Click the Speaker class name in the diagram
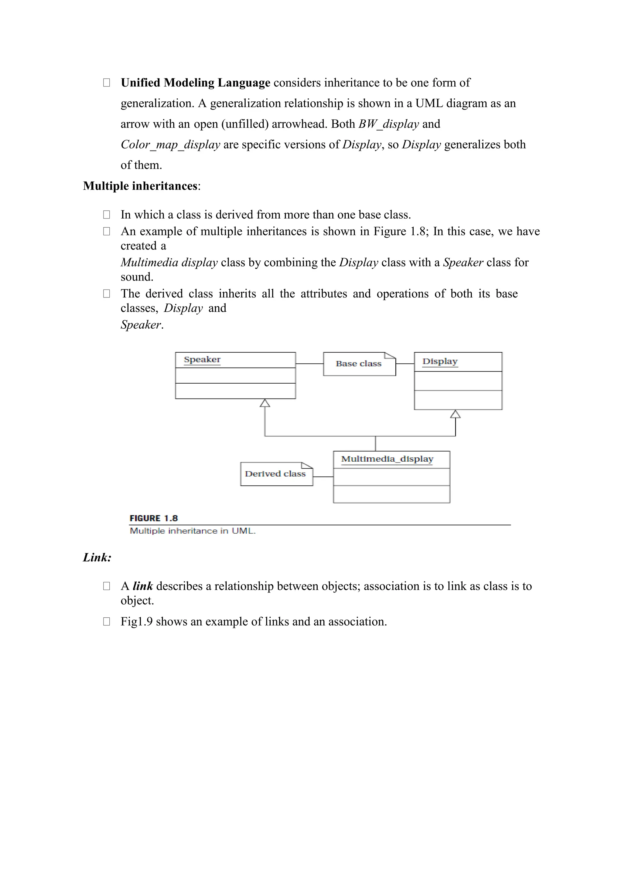(x=202, y=359)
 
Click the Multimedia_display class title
(x=387, y=459)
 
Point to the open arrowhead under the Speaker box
(x=265, y=403)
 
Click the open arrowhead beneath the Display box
(x=455, y=414)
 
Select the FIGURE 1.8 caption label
(x=154, y=518)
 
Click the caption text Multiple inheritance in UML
(x=192, y=531)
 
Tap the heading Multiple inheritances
(x=140, y=186)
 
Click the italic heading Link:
(x=97, y=557)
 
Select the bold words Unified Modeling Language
(x=195, y=83)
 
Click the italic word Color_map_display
(x=170, y=144)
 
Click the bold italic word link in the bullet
(x=142, y=586)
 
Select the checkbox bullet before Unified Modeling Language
(x=107, y=83)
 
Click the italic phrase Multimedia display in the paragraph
(x=169, y=262)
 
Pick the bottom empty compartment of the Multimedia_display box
(x=391, y=494)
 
